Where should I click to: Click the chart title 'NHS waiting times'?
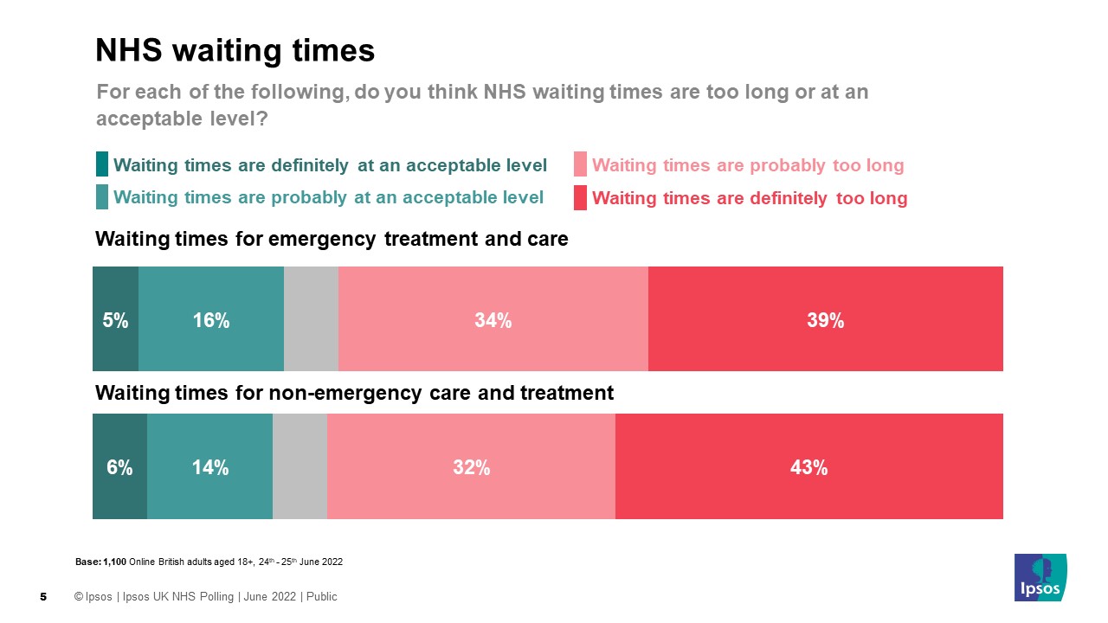click(x=235, y=51)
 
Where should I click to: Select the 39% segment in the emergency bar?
click(x=825, y=319)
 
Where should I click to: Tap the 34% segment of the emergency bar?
click(x=493, y=319)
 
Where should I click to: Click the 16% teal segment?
click(x=211, y=319)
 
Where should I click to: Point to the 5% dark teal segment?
click(x=115, y=319)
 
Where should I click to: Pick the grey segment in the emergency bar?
click(x=311, y=319)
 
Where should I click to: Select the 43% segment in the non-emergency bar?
click(x=808, y=467)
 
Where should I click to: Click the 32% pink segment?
click(x=471, y=467)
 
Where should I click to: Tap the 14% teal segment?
click(x=209, y=467)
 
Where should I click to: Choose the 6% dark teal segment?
click(x=119, y=467)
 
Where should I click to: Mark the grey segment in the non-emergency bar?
click(x=300, y=467)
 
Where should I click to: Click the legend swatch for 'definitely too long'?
click(x=580, y=197)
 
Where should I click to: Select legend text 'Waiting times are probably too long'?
click(x=748, y=165)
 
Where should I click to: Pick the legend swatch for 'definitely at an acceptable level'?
click(x=102, y=164)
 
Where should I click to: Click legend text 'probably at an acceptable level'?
click(x=328, y=197)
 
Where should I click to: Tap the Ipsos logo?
click(x=1040, y=577)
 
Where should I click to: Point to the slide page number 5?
click(x=43, y=597)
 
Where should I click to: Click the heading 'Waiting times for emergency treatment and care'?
click(x=332, y=240)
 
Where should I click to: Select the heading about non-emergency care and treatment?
click(x=354, y=394)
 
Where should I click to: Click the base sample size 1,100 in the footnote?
click(x=115, y=562)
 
